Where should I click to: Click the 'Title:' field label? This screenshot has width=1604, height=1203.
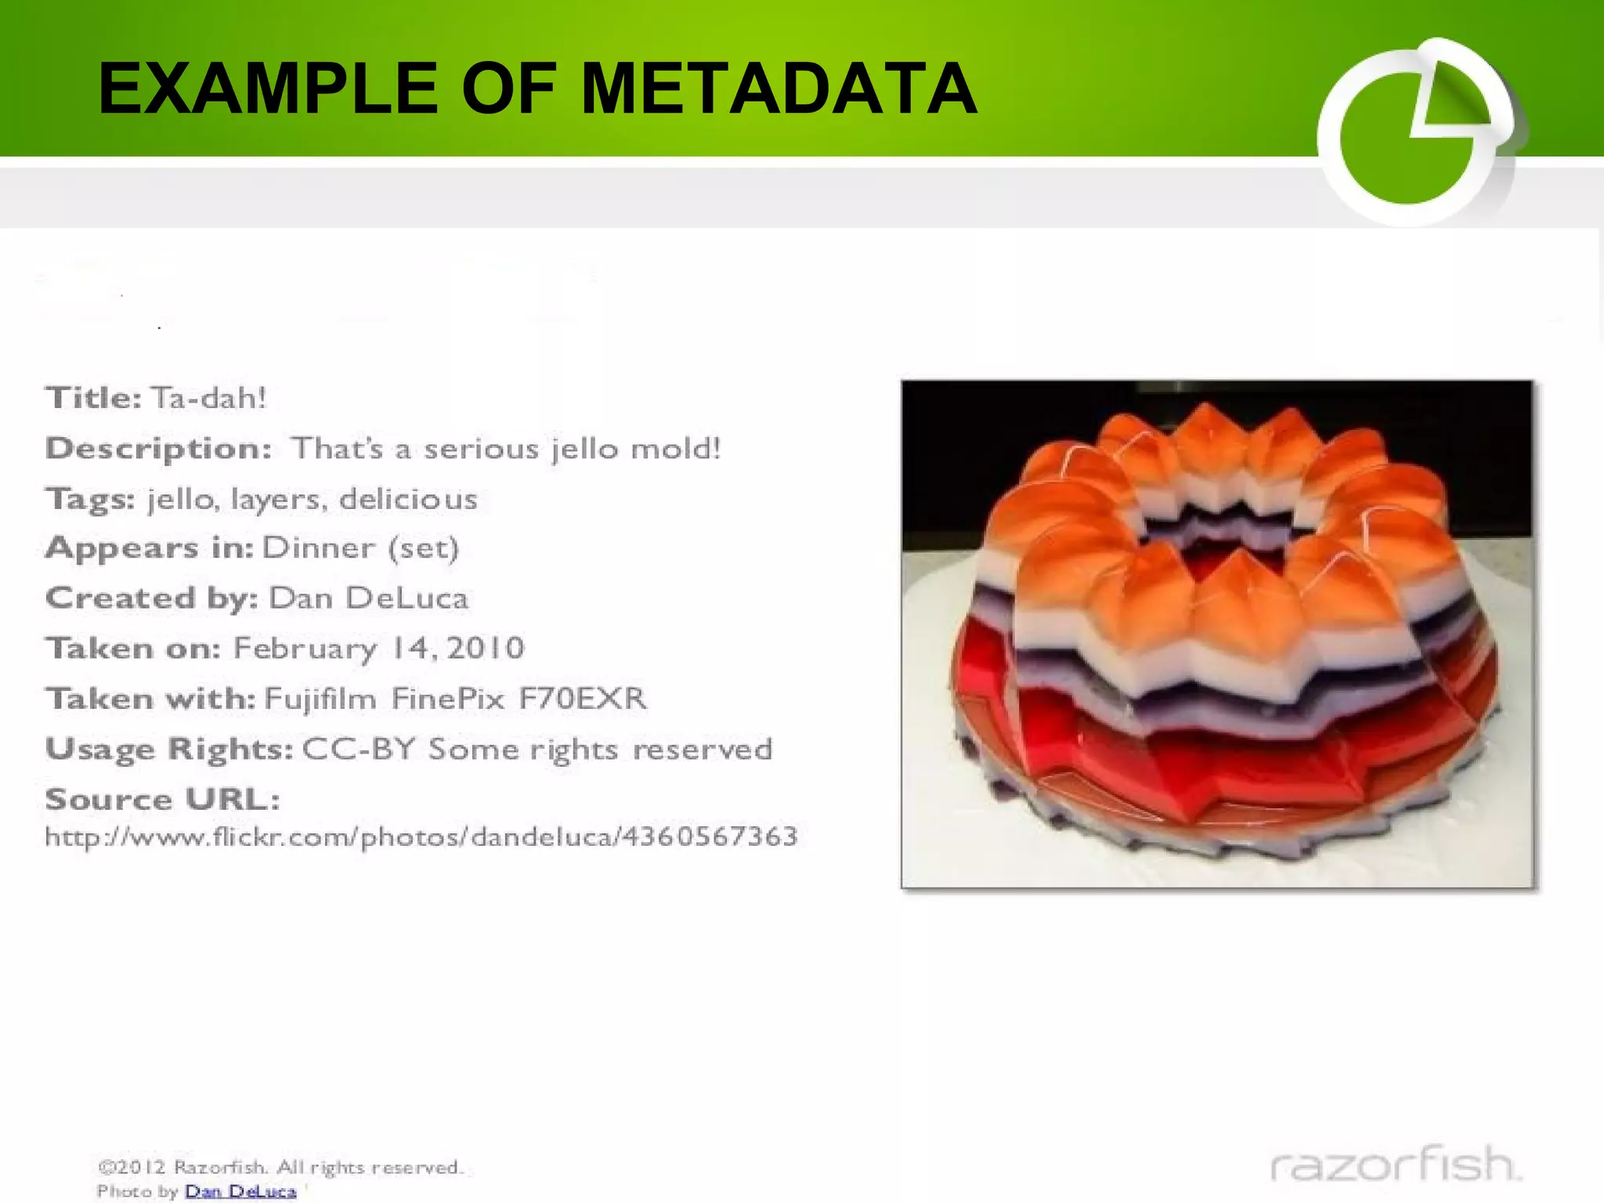(x=93, y=398)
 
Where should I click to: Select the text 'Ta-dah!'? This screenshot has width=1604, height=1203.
(x=209, y=398)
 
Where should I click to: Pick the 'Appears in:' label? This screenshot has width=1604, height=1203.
(x=149, y=547)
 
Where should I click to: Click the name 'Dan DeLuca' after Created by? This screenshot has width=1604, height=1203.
(x=368, y=598)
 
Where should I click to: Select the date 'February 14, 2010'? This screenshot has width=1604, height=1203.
(x=378, y=648)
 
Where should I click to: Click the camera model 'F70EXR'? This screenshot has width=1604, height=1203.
(x=583, y=698)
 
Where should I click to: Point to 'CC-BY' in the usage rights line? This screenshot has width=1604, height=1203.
(x=358, y=749)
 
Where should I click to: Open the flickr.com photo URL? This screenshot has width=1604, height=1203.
(x=421, y=836)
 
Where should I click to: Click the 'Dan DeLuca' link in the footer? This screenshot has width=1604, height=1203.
(x=240, y=1191)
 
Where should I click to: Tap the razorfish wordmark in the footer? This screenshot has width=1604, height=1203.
(x=1395, y=1165)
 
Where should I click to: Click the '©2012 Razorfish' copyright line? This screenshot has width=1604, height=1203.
(x=280, y=1167)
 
